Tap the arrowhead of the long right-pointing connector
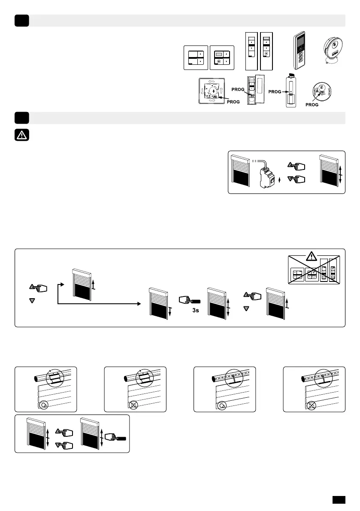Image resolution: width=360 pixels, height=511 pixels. [x=138, y=304]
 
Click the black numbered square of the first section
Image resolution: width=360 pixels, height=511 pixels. [x=21, y=20]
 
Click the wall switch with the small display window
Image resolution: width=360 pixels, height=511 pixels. [x=222, y=57]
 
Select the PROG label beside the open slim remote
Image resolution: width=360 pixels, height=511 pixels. [x=238, y=89]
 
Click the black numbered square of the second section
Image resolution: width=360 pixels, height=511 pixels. [x=21, y=118]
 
